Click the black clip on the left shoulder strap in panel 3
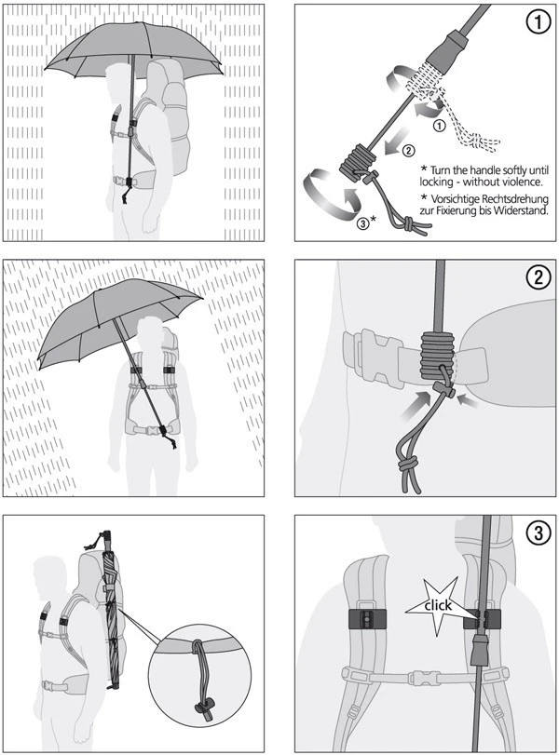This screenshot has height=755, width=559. tap(365, 619)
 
